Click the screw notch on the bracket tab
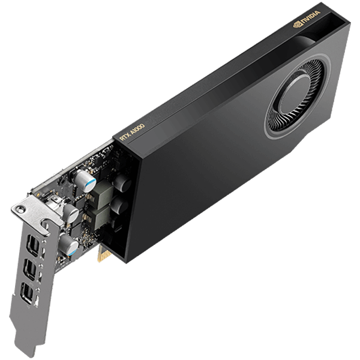tap(22, 209)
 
